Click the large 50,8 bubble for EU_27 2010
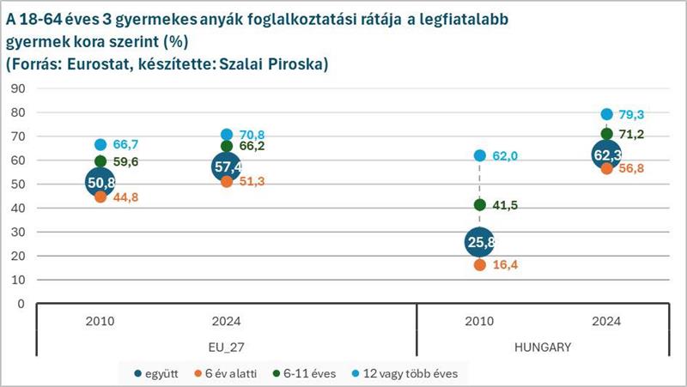100,182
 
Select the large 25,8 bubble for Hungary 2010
480,242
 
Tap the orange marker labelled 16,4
480,265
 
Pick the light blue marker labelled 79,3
606,114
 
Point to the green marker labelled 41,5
480,204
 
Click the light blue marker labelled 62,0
480,155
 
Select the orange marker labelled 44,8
100,197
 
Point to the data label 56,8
629,168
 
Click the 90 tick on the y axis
20,88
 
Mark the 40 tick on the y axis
20,208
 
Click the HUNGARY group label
543,348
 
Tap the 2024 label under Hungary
606,322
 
